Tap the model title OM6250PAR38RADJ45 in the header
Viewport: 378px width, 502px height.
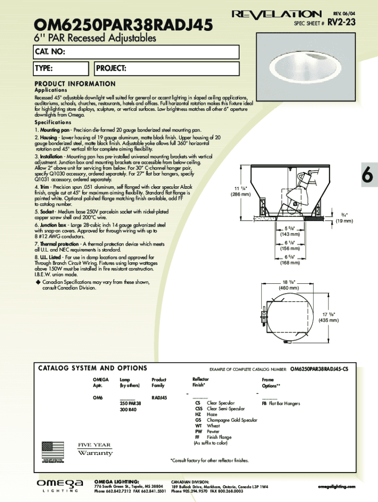point(122,24)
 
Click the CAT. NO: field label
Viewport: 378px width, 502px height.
point(50,52)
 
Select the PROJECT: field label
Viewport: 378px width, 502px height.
point(111,68)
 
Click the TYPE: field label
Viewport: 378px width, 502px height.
point(44,68)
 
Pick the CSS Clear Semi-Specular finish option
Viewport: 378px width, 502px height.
point(216,408)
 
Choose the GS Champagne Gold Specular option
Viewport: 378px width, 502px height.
point(226,420)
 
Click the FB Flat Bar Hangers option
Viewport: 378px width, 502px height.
point(281,403)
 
